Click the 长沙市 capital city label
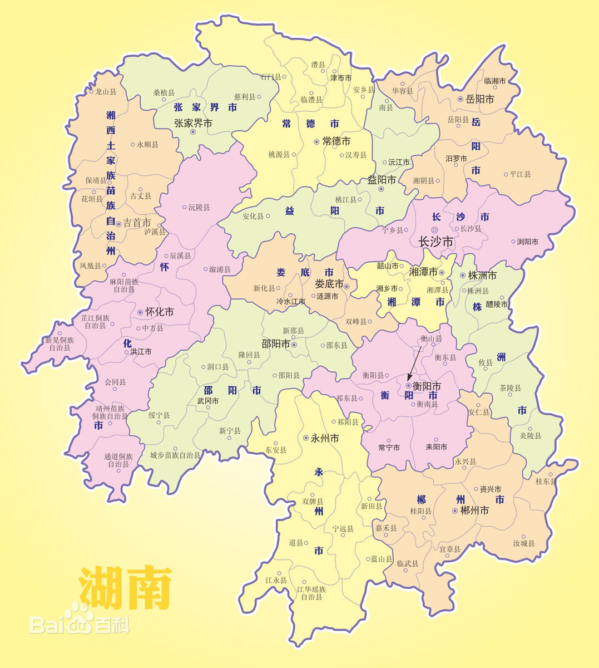tap(435, 242)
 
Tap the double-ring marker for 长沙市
tap(434, 229)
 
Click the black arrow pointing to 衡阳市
tap(415, 362)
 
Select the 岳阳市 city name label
tap(480, 99)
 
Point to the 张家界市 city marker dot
tap(193, 132)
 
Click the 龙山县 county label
tap(106, 91)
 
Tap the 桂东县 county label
tap(546, 481)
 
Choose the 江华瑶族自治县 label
tap(311, 593)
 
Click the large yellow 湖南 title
tap(125, 587)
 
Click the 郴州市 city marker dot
tap(455, 510)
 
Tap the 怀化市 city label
tap(159, 312)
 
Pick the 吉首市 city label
tap(136, 223)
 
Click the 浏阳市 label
tap(527, 242)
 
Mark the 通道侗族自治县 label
tap(118, 460)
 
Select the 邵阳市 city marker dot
tap(294, 345)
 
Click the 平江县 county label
tap(520, 174)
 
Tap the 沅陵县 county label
tap(199, 207)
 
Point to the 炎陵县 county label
tap(530, 435)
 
